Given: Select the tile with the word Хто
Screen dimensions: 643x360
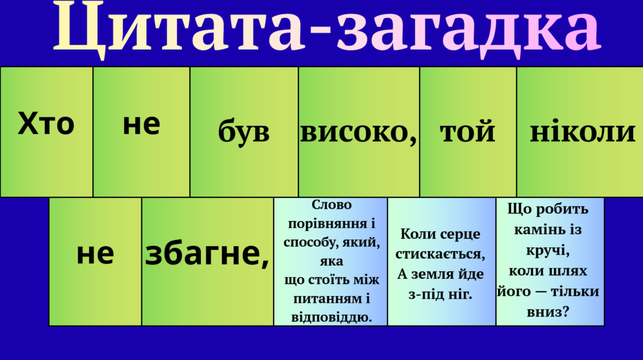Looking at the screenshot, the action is tap(46, 132).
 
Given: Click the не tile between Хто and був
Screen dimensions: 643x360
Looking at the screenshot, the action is tap(141, 132).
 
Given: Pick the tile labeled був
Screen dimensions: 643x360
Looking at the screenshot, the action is tap(244, 132).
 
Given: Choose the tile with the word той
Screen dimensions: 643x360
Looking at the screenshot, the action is tap(468, 132).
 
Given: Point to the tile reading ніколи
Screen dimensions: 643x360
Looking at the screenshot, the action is tap(580, 132).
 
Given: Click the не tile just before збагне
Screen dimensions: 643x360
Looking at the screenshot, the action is tap(95, 261).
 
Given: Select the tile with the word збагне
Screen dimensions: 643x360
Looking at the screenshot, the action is tap(207, 261).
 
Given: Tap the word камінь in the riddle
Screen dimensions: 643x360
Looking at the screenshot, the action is tap(536, 229).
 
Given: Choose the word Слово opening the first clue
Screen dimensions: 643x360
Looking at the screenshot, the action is tap(332, 204).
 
